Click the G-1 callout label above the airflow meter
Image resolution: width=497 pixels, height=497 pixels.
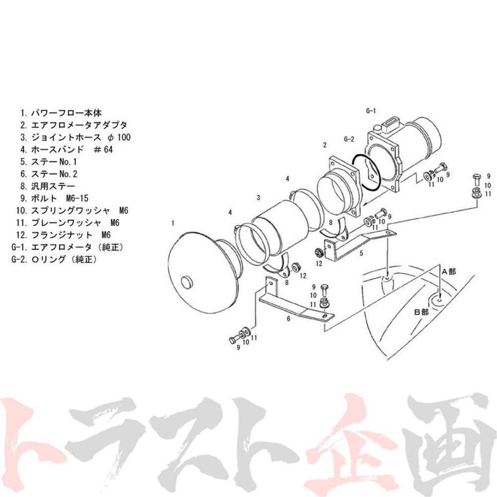tap(371, 111)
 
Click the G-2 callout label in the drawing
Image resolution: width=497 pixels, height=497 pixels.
tap(349, 139)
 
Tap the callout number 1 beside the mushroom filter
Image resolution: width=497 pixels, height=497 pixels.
tap(173, 223)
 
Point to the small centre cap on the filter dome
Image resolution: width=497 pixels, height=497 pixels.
tap(187, 282)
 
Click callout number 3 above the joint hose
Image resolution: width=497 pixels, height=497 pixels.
tap(258, 198)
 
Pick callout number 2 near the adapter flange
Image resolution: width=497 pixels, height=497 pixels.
tap(325, 145)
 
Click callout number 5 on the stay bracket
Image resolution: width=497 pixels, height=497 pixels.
tap(361, 253)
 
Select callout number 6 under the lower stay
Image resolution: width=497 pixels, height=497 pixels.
tap(288, 319)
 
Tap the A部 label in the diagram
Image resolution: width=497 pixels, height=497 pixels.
tap(449, 272)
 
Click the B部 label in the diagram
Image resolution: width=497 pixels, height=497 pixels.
tap(421, 312)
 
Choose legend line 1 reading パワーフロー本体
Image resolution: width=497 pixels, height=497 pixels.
tap(61, 113)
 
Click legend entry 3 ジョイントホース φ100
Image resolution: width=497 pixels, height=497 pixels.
tap(76, 137)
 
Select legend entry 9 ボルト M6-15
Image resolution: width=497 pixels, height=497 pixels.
tap(54, 198)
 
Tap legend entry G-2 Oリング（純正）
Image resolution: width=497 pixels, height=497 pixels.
tap(54, 259)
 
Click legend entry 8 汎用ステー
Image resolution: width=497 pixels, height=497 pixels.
tap(48, 186)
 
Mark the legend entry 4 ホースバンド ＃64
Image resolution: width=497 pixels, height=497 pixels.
tap(67, 149)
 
